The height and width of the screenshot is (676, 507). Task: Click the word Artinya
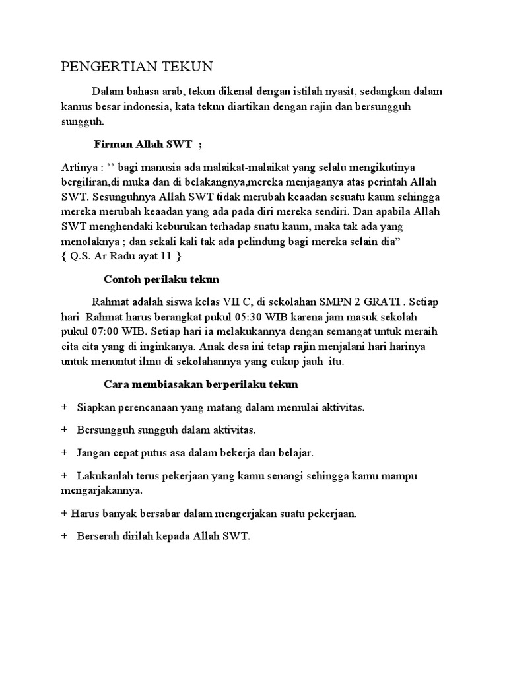point(77,167)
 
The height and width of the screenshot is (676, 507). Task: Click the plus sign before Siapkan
point(64,407)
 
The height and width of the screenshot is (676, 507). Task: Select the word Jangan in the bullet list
point(94,453)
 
